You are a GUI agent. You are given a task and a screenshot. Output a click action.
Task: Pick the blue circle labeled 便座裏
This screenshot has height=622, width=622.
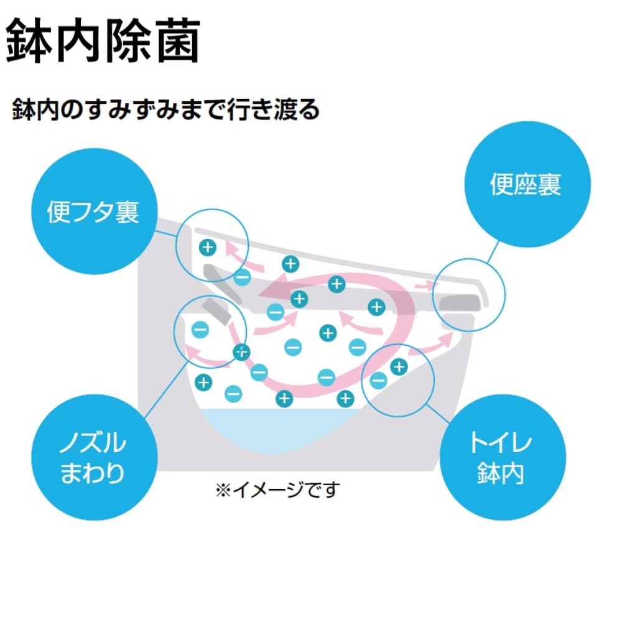tap(526, 185)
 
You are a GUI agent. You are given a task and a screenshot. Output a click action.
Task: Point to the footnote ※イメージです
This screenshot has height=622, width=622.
tap(277, 490)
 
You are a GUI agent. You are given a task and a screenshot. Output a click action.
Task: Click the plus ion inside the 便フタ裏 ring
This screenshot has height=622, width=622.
tap(207, 248)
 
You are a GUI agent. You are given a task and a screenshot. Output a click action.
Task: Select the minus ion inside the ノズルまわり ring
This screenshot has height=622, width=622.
tap(200, 329)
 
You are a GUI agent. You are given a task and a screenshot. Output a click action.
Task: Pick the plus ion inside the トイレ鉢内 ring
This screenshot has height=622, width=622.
tap(399, 367)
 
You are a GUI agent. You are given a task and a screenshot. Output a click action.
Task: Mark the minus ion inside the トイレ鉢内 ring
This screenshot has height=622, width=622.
tap(378, 379)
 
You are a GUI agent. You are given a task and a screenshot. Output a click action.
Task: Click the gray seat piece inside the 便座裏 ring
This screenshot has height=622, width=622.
tap(460, 302)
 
